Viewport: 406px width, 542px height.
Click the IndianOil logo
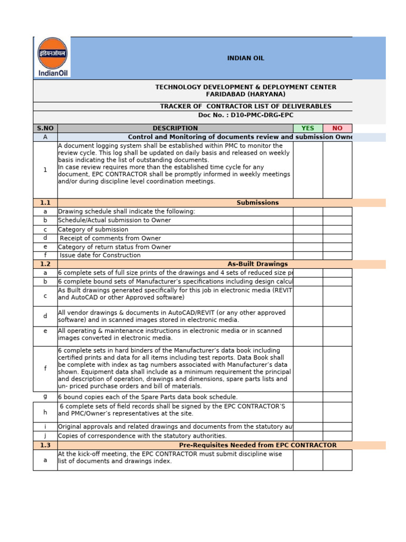pos(52,57)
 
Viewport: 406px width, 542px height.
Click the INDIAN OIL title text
pos(246,58)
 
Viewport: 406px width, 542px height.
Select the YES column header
pos(307,128)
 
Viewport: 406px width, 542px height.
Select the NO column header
pos(337,128)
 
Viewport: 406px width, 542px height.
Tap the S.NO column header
pos(45,128)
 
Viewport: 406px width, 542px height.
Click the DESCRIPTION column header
pos(175,128)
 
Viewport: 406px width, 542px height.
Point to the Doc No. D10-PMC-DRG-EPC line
pos(245,115)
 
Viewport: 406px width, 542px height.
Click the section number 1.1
pos(45,203)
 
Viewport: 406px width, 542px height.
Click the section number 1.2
pos(45,264)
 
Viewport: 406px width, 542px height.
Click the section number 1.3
pos(45,445)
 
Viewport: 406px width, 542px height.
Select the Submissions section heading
pos(257,203)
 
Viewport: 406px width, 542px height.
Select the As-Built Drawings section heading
pos(257,264)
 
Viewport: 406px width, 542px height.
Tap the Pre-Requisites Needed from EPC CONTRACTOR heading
pos(257,445)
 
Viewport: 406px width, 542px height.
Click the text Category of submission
pos(93,229)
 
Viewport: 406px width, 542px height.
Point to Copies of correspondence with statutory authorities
pos(142,436)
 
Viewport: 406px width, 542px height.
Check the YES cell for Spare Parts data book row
pos(307,397)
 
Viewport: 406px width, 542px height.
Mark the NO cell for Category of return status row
pos(337,247)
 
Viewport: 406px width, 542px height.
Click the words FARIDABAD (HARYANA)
pos(245,94)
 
